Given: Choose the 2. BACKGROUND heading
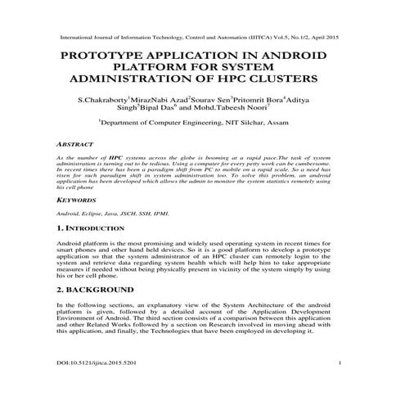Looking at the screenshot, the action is (96, 290).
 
